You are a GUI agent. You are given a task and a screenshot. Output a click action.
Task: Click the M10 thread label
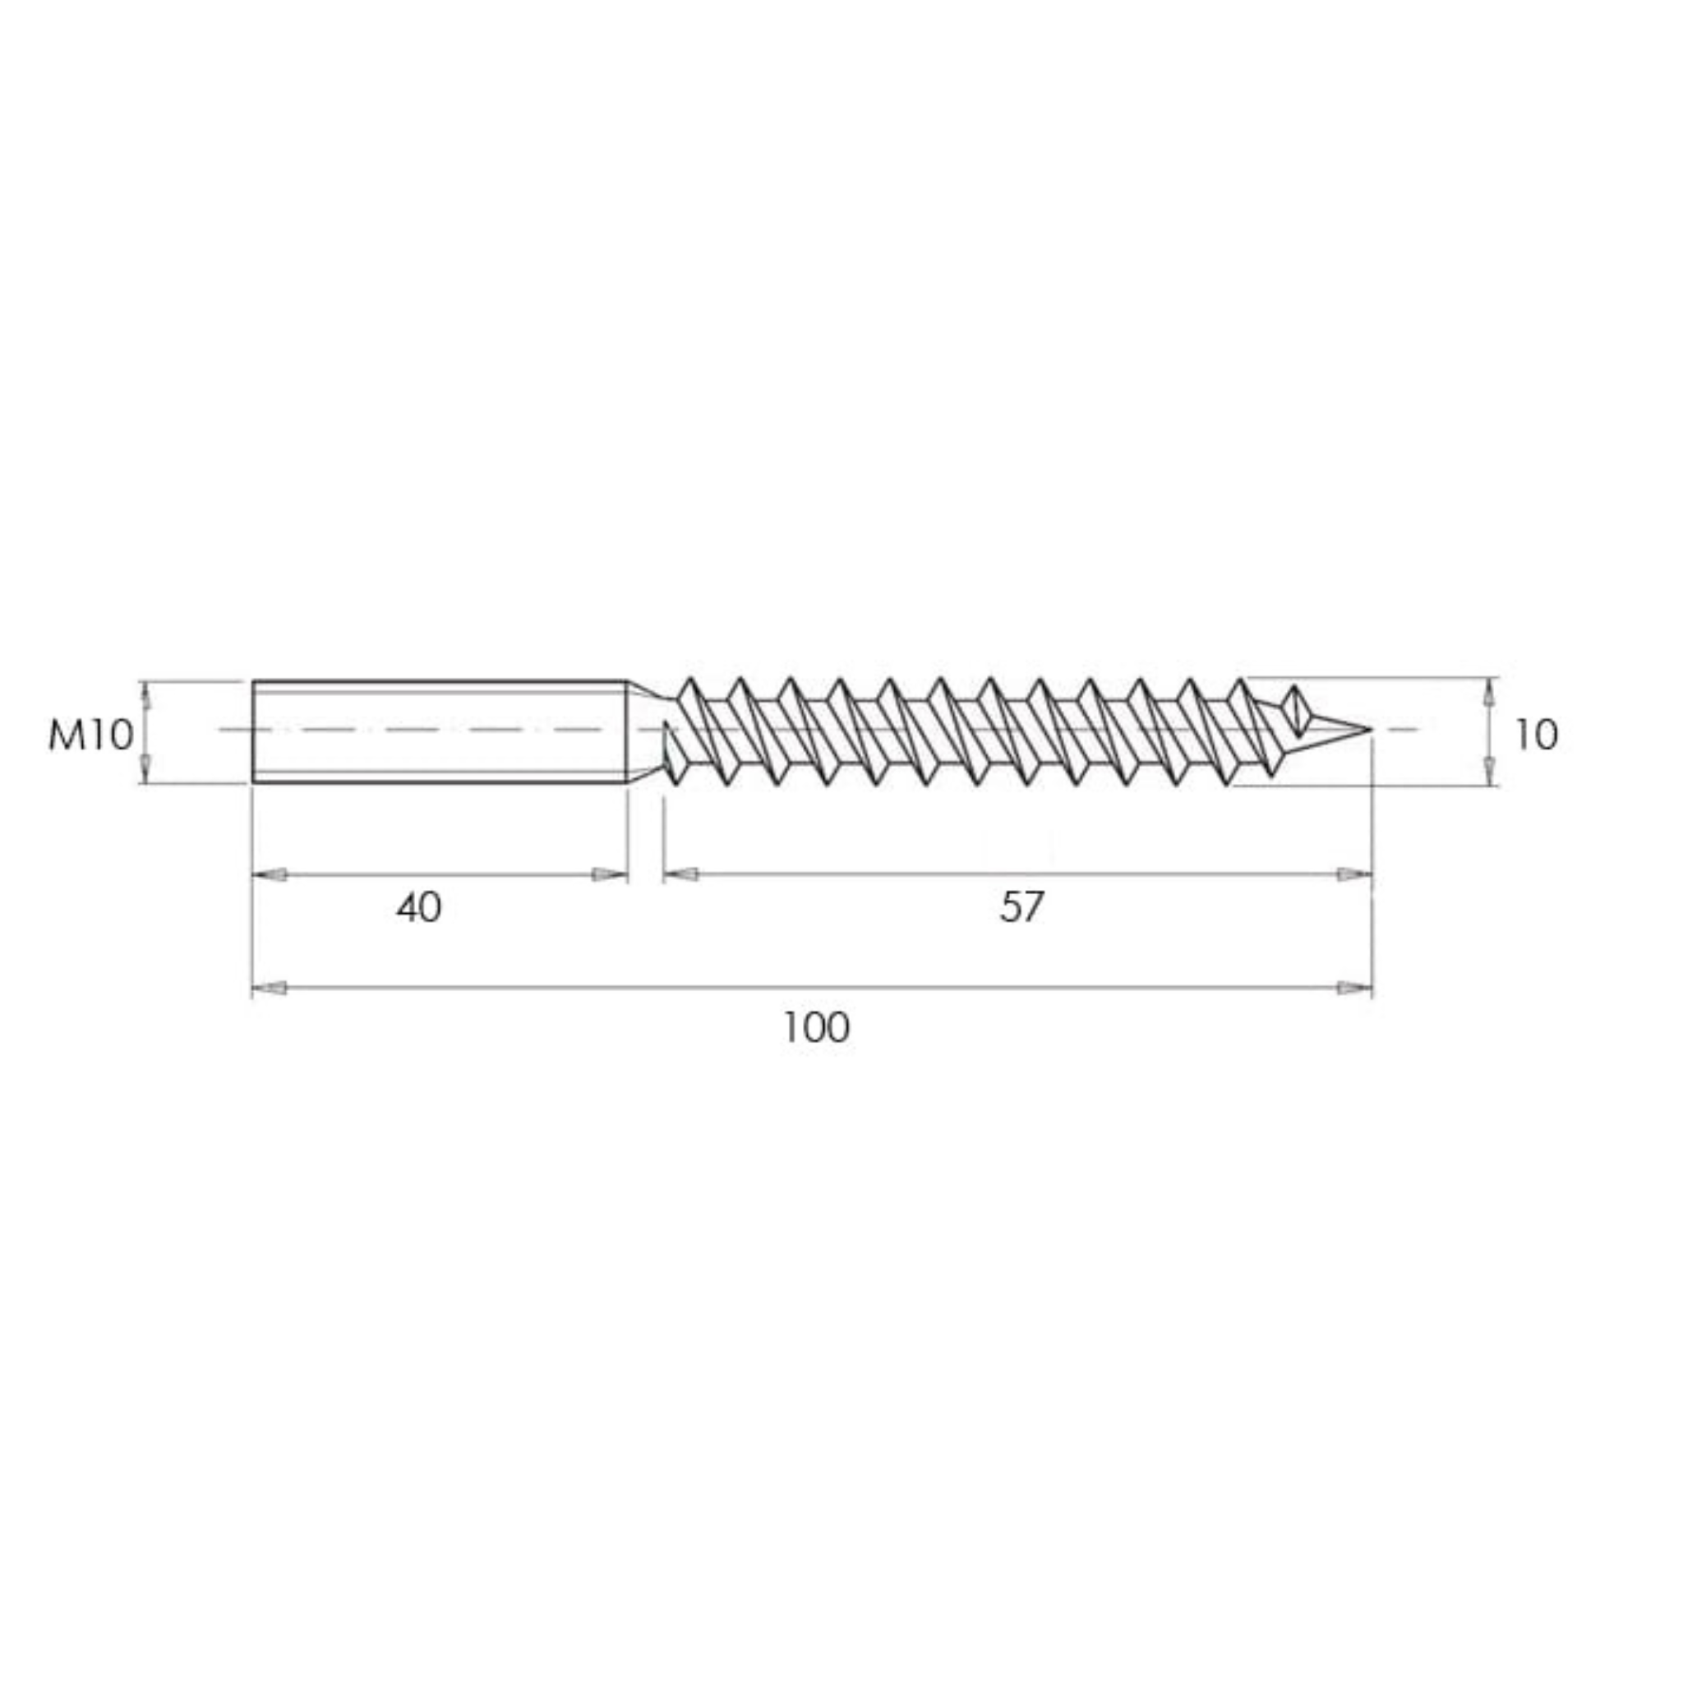[90, 736]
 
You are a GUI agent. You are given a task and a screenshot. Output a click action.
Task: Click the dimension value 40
[419, 908]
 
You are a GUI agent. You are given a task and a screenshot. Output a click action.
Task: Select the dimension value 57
[1021, 908]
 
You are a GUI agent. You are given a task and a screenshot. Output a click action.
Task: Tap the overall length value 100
[815, 1028]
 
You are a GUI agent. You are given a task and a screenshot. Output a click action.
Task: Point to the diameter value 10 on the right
[1536, 736]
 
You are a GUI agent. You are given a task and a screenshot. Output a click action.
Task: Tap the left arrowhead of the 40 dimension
[270, 874]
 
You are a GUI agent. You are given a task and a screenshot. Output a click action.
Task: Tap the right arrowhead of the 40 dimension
[609, 874]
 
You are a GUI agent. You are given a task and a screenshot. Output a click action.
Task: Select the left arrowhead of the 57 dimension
[681, 874]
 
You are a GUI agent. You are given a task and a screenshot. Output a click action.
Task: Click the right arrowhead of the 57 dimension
[1353, 874]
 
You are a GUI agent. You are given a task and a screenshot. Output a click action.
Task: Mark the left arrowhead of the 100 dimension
[270, 988]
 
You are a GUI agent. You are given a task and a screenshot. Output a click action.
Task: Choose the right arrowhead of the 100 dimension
[1353, 988]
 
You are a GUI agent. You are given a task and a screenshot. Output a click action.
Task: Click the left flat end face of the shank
[253, 731]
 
